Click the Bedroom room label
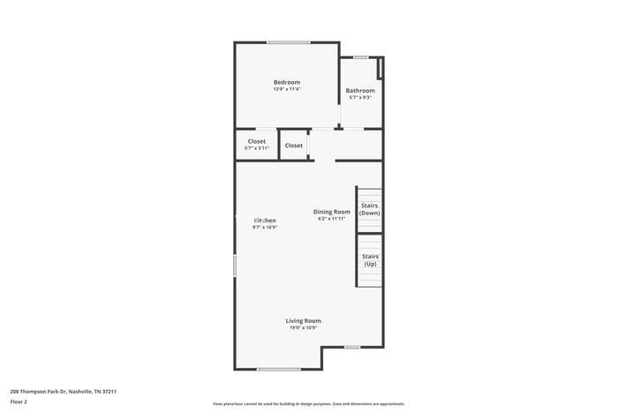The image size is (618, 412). [x=286, y=82]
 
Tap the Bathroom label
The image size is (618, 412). [x=359, y=91]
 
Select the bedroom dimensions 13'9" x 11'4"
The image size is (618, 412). [x=286, y=89]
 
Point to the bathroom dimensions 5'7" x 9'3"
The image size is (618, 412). [x=359, y=98]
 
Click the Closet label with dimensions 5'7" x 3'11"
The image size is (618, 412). [x=256, y=141]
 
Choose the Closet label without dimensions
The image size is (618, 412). [x=294, y=146]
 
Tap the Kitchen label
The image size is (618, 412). [x=265, y=220]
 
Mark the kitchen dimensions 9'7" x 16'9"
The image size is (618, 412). [x=265, y=227]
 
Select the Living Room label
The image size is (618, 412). [x=303, y=320]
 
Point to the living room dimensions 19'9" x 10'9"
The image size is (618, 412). [x=303, y=327]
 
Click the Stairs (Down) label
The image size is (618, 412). [x=369, y=209]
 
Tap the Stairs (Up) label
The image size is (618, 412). [x=369, y=259]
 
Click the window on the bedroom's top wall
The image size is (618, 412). [x=288, y=42]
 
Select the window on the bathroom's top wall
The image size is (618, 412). [x=360, y=58]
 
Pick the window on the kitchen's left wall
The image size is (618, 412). [x=235, y=266]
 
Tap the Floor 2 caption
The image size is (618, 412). [x=19, y=401]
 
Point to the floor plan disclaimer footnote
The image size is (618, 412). [x=308, y=403]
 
